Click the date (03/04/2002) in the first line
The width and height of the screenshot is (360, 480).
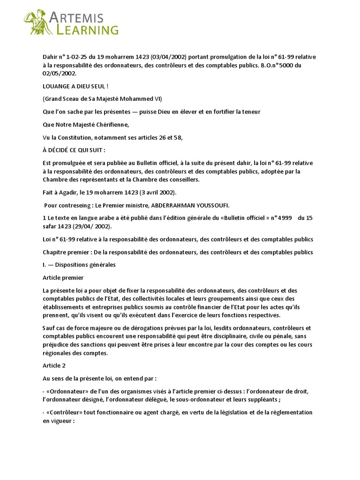164,57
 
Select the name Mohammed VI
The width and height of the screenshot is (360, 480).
144,98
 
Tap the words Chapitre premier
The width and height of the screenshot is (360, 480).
64,252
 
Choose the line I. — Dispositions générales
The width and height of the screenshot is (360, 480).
79,264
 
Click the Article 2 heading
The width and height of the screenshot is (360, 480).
54,366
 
